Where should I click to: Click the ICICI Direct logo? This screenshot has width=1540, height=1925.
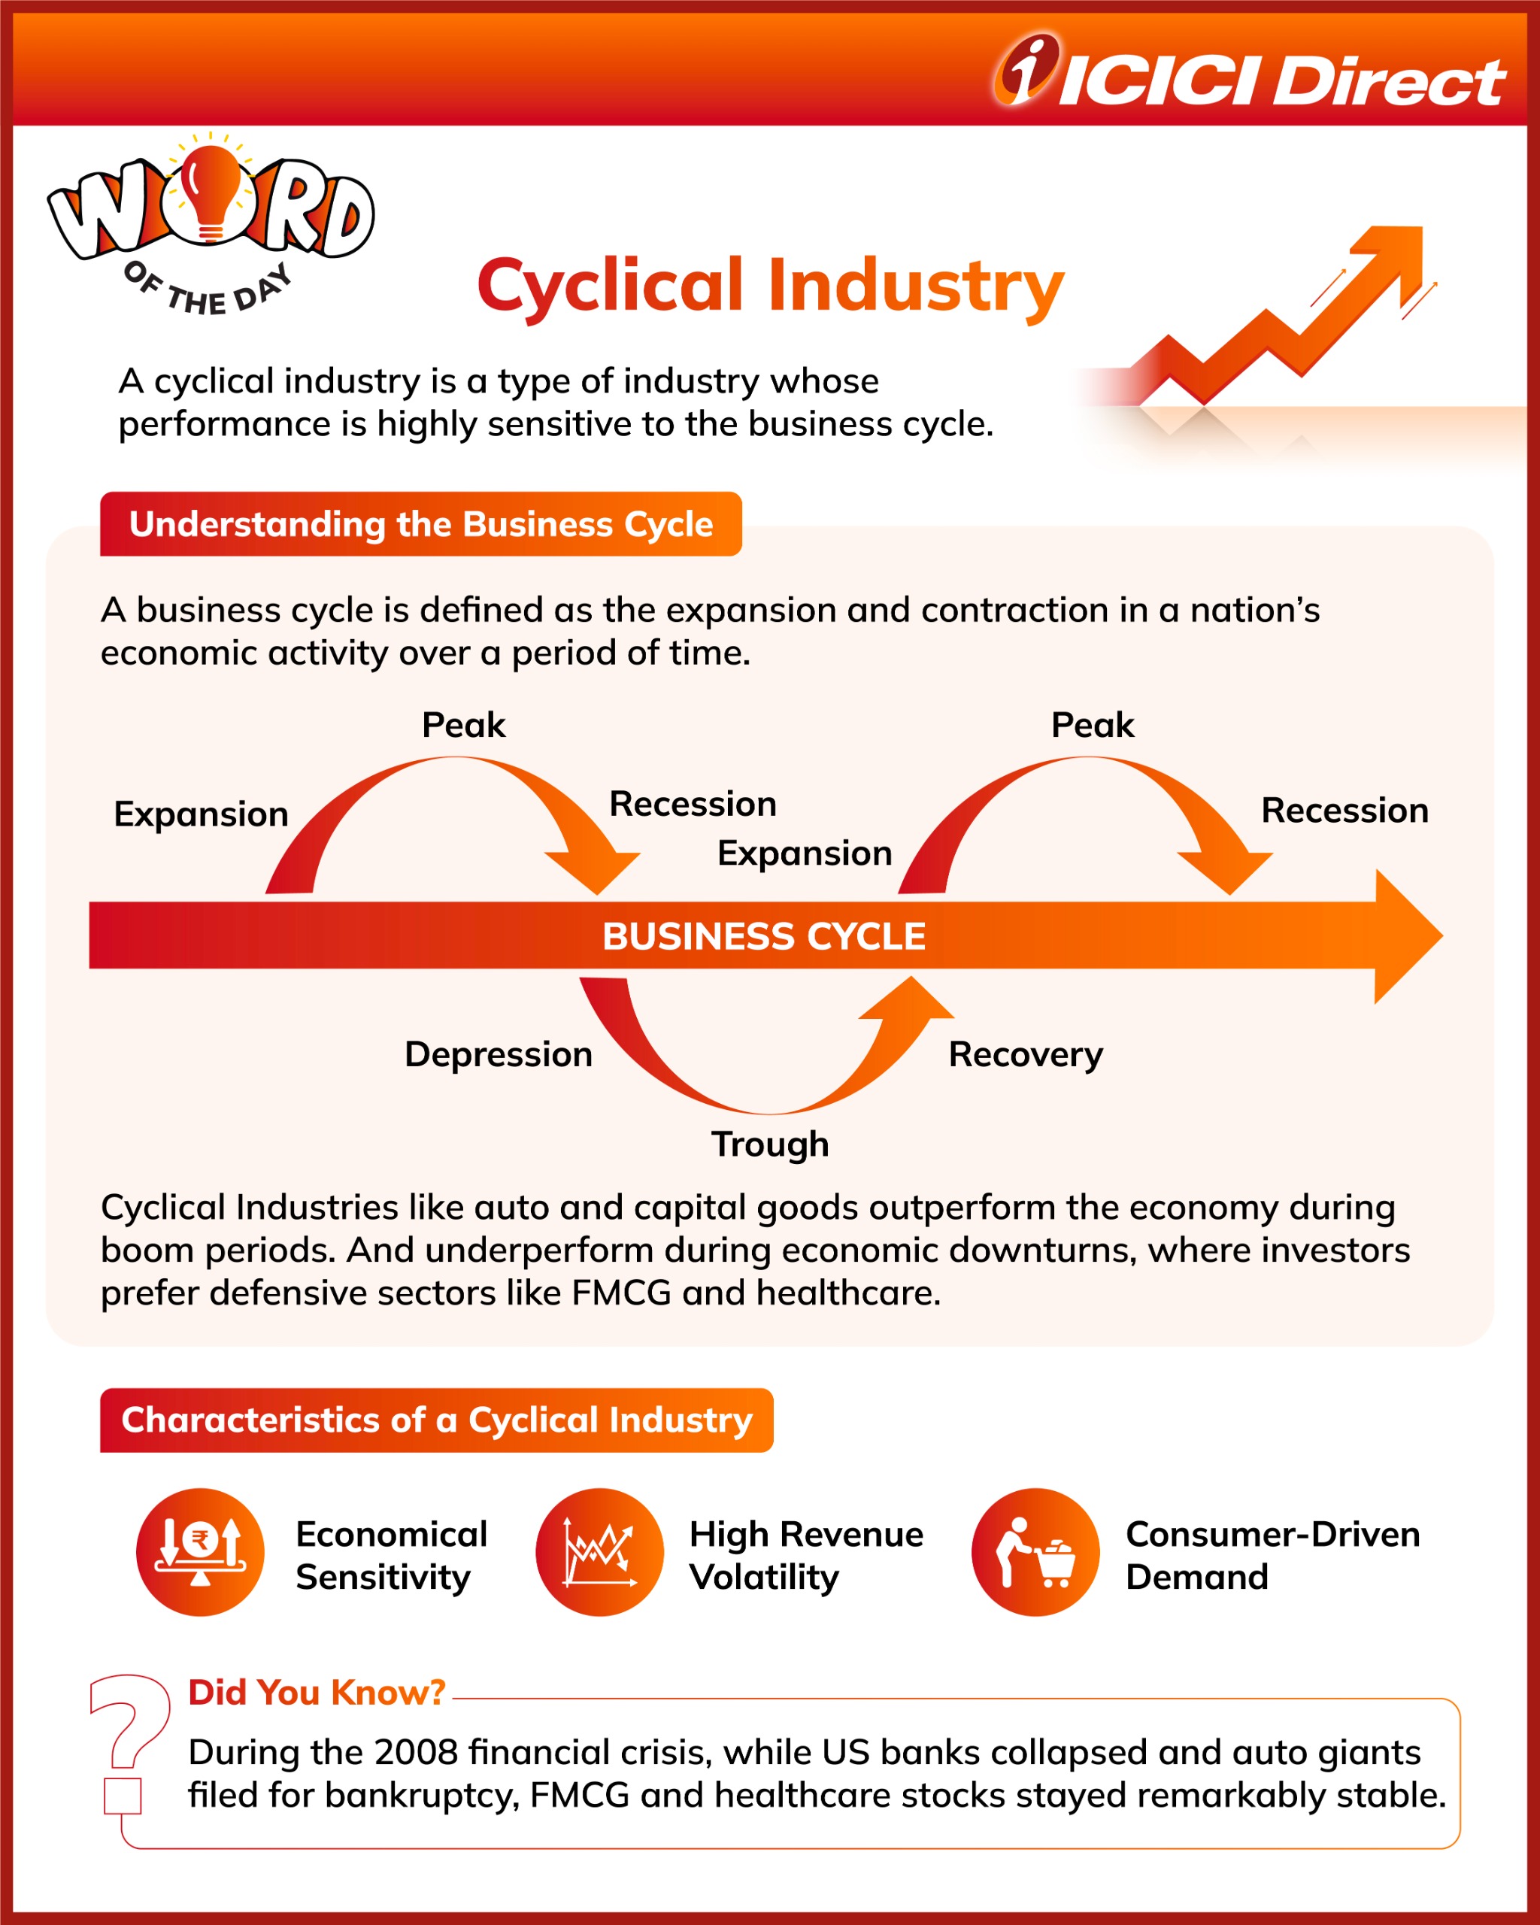(1250, 73)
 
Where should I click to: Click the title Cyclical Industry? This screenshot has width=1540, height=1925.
(769, 286)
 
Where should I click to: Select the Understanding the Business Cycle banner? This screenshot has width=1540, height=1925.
(420, 524)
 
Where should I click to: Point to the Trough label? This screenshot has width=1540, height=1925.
(769, 1144)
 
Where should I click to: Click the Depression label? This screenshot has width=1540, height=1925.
(498, 1054)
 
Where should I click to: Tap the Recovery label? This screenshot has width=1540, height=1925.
(1025, 1054)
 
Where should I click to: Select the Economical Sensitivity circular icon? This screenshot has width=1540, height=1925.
(200, 1552)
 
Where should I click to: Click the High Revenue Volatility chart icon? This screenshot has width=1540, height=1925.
(599, 1552)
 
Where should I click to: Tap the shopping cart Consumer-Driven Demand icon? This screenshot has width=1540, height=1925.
(1035, 1552)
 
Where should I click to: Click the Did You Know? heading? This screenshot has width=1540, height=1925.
(317, 1692)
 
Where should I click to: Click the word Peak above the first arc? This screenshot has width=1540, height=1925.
(463, 725)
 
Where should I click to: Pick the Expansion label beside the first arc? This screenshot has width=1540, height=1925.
(201, 814)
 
